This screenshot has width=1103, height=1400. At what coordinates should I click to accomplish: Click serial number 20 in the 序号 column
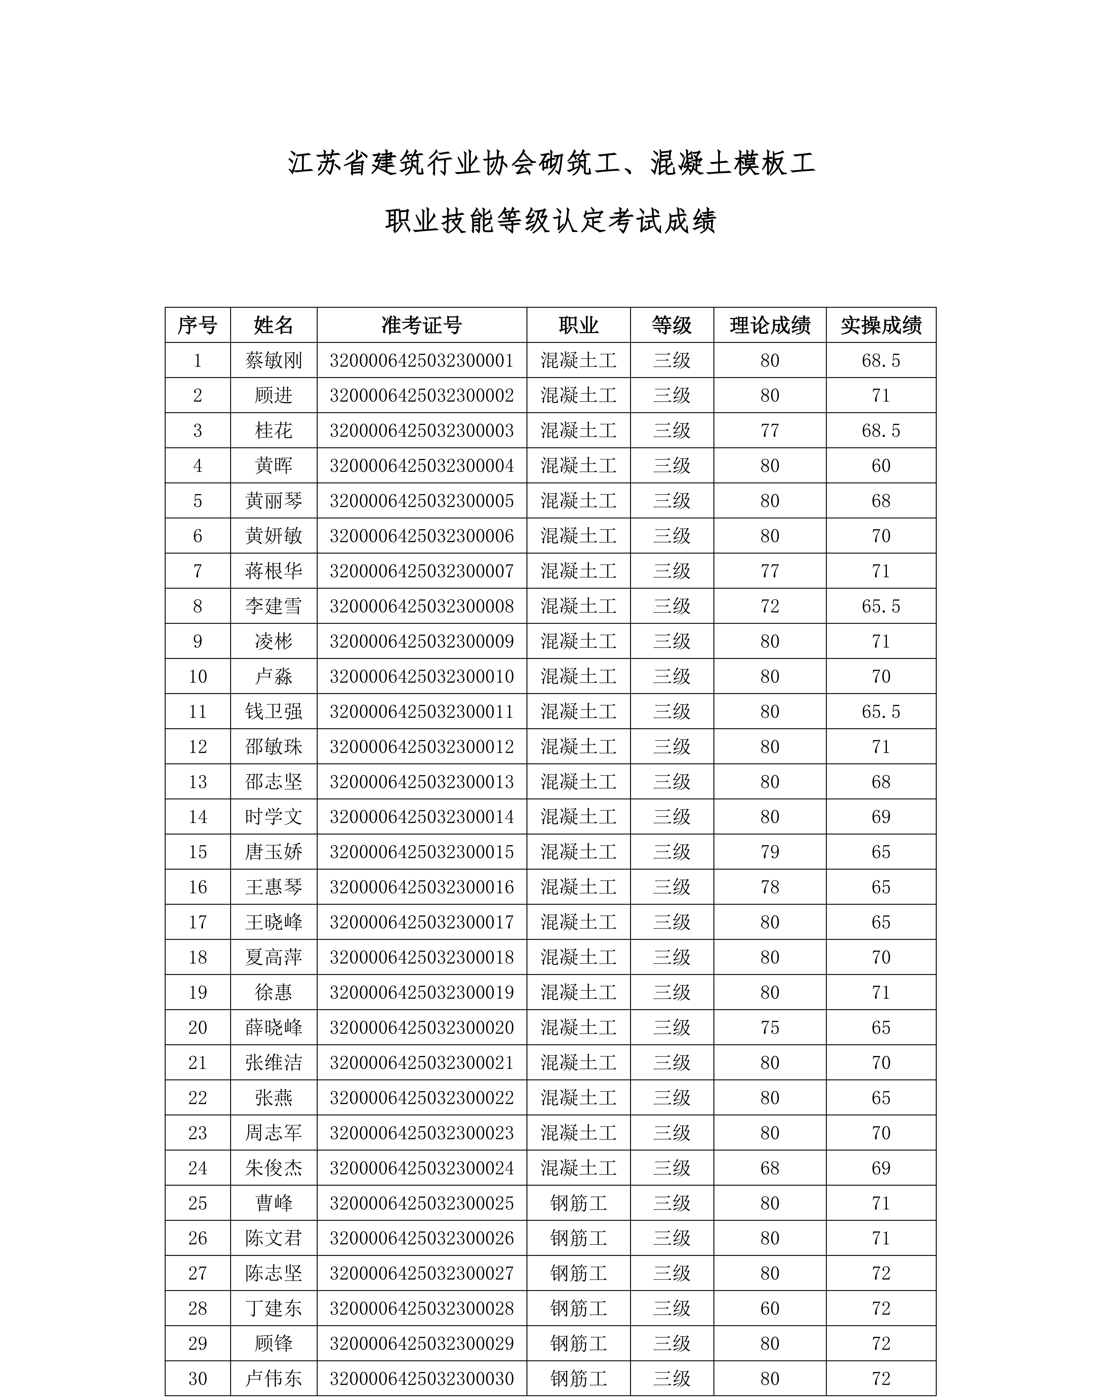coord(198,1027)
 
